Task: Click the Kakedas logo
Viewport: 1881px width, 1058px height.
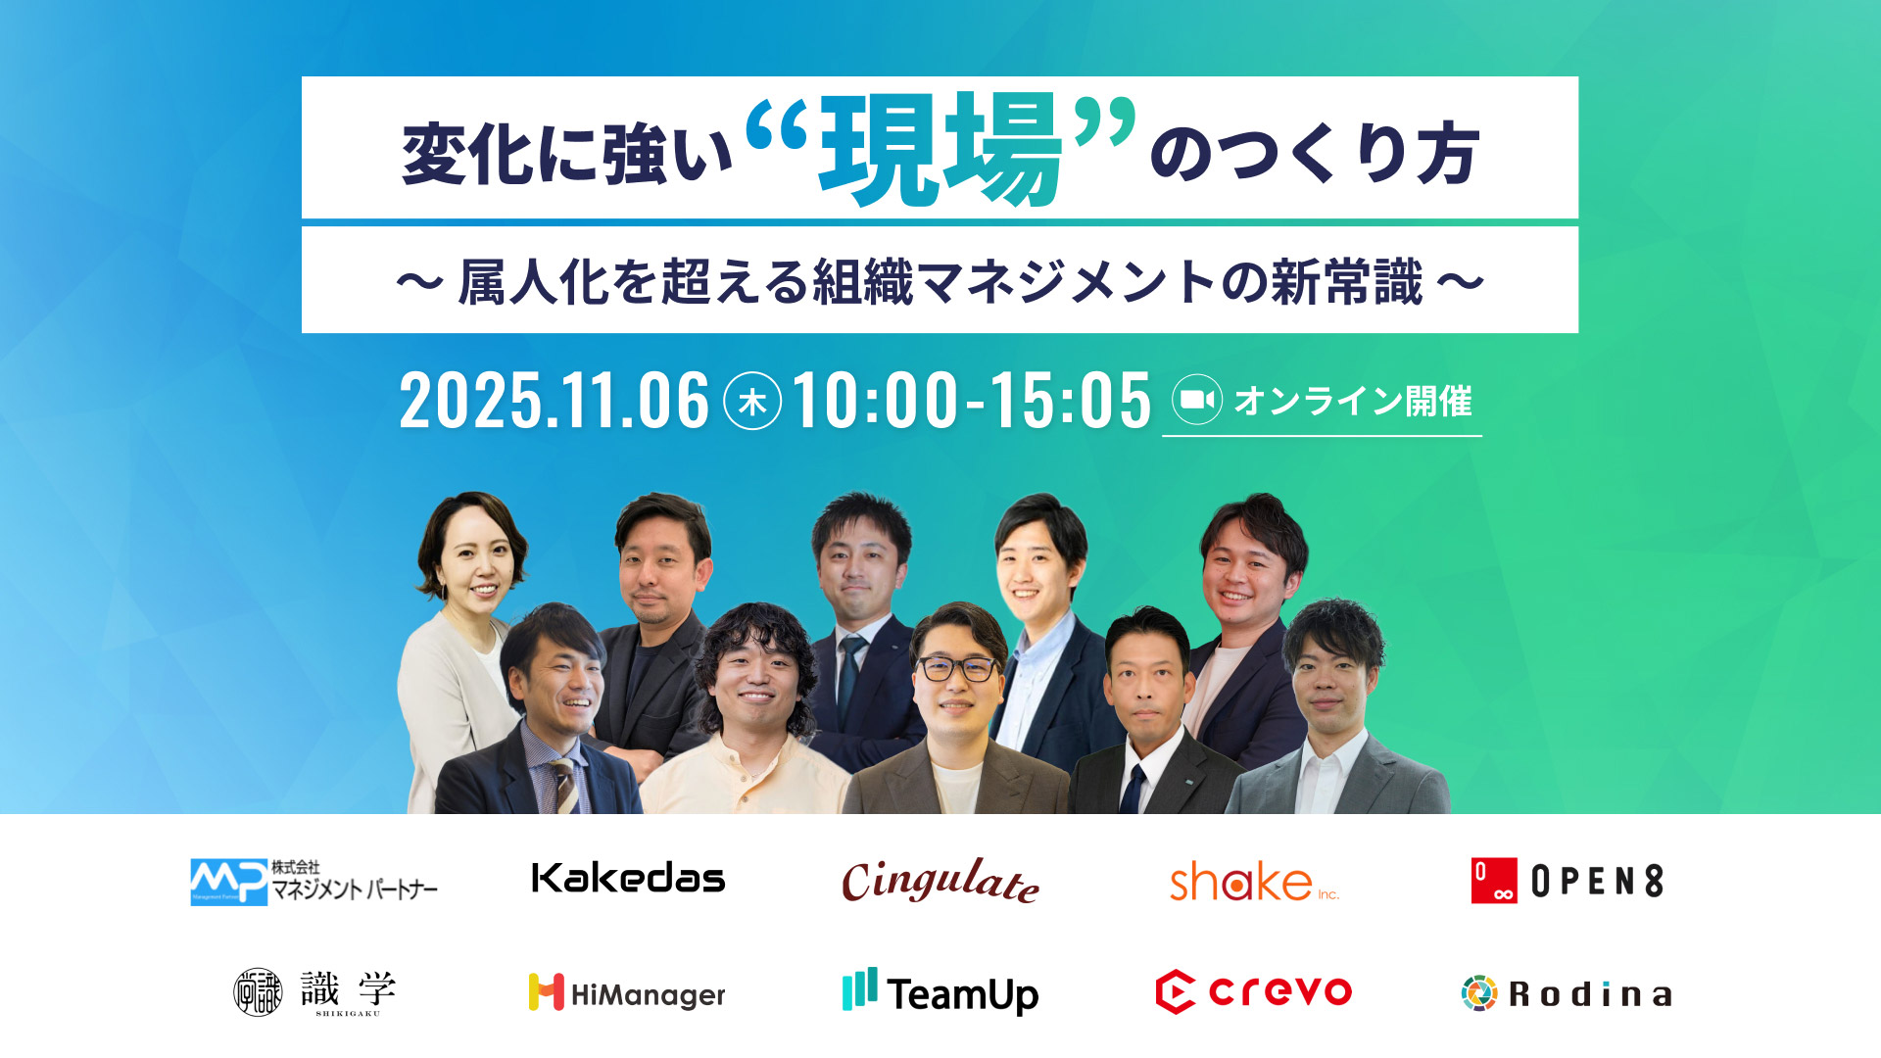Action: pyautogui.click(x=628, y=878)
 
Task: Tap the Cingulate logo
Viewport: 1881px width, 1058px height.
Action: pyautogui.click(x=940, y=880)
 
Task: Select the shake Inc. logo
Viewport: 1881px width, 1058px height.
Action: pyautogui.click(x=1254, y=881)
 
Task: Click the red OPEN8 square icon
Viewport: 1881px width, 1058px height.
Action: pyautogui.click(x=1494, y=880)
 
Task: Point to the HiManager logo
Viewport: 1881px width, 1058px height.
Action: pyautogui.click(x=627, y=993)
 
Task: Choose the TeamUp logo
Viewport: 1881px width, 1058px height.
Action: pyautogui.click(x=940, y=992)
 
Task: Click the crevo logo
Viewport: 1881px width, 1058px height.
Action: pyautogui.click(x=1254, y=992)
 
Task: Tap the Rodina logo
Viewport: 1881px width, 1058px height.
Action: pyautogui.click(x=1567, y=993)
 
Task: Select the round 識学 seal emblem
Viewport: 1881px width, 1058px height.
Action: pyautogui.click(x=258, y=992)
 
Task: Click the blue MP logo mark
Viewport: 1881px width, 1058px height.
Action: pyautogui.click(x=228, y=882)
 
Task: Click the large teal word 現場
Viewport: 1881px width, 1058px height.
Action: pyautogui.click(x=940, y=149)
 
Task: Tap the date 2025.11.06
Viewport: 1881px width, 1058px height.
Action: pyautogui.click(x=554, y=401)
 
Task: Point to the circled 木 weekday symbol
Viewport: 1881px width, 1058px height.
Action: pyautogui.click(x=752, y=402)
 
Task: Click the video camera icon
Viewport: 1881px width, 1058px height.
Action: pyautogui.click(x=1197, y=400)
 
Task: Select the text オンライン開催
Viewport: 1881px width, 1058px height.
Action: pyautogui.click(x=1353, y=401)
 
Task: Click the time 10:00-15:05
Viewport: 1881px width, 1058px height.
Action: pyautogui.click(x=971, y=401)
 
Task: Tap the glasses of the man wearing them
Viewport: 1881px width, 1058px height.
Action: pyautogui.click(x=957, y=670)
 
